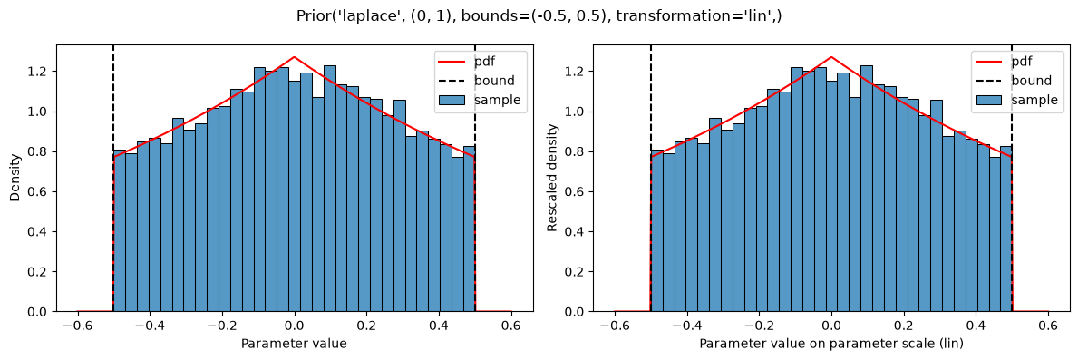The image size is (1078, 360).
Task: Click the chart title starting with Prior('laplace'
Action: (x=539, y=15)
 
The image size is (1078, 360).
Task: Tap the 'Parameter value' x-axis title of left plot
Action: (x=295, y=342)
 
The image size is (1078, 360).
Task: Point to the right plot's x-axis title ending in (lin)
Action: (x=831, y=342)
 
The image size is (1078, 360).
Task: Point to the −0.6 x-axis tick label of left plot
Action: (x=78, y=326)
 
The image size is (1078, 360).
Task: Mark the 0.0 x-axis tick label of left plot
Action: (x=295, y=326)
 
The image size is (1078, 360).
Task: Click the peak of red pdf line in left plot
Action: (x=295, y=57)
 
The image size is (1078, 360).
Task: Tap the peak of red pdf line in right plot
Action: (x=831, y=57)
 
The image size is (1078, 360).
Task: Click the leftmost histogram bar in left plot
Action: (x=120, y=231)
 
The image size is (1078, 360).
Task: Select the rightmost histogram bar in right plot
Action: (x=1005, y=229)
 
